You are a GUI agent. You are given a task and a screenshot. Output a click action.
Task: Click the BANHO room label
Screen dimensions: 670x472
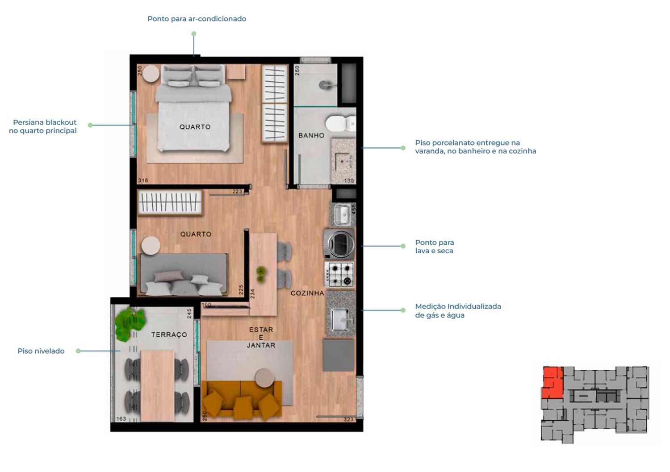[311, 135]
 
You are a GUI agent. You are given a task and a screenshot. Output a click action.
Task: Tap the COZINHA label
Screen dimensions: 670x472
[307, 293]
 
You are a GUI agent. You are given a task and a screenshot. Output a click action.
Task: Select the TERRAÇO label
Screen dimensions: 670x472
[169, 335]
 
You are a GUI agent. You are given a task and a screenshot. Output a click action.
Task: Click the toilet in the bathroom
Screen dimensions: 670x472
[340, 124]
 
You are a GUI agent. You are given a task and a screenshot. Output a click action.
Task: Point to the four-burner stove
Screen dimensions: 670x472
[339, 274]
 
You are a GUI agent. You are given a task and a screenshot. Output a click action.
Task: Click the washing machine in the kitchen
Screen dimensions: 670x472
[339, 244]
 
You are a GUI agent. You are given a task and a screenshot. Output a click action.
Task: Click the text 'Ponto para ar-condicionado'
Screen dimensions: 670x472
[197, 19]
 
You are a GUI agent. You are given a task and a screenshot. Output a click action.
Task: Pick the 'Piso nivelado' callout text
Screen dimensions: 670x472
[41, 351]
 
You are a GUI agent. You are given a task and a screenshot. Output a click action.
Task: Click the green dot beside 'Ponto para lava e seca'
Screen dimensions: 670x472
[403, 246]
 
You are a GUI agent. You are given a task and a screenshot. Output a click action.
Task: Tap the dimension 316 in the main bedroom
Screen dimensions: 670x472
[143, 180]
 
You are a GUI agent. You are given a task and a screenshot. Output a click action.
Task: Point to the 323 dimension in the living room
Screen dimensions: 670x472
[348, 419]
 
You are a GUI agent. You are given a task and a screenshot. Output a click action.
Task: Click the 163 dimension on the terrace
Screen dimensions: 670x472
[121, 419]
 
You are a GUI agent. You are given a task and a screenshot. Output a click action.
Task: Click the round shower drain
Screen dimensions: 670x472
[324, 85]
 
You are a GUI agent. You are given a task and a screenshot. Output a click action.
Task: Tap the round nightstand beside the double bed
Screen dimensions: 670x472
[151, 74]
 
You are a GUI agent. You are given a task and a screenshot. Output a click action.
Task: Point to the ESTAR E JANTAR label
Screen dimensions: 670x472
[261, 338]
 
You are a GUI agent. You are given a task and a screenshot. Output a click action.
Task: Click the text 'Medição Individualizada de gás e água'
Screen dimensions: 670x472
[458, 311]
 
